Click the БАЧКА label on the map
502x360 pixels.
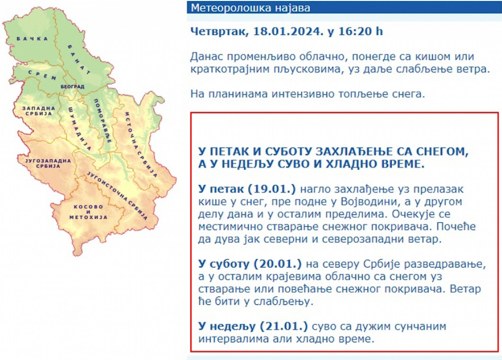32,39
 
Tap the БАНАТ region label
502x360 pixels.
79,60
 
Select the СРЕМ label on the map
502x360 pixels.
42,75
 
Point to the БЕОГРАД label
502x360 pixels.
72,87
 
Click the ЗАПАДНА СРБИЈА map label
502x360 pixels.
38,111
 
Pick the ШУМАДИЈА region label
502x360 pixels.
80,129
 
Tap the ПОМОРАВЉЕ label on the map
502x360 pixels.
102,120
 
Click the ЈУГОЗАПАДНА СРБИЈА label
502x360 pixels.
48,163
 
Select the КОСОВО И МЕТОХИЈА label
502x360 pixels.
89,212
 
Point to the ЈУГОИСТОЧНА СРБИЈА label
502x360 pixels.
118,196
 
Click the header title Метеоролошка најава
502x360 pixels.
251,8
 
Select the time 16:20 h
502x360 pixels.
360,31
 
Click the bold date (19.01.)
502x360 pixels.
272,189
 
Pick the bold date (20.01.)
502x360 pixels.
278,264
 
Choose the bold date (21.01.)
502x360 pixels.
283,327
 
